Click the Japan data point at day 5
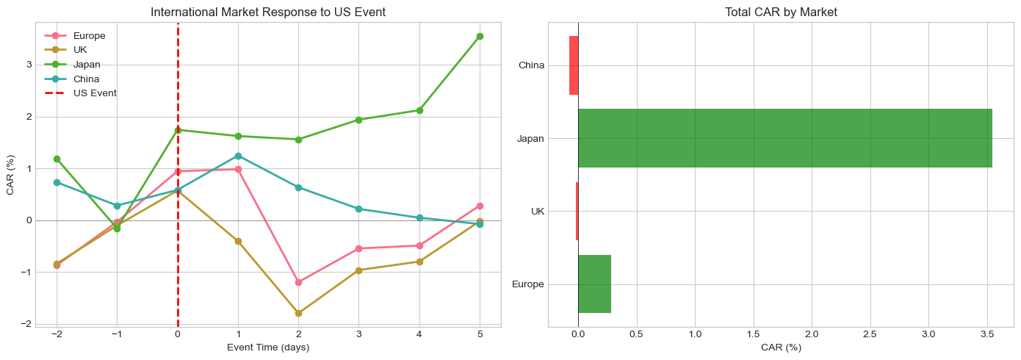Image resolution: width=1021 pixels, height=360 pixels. [480, 36]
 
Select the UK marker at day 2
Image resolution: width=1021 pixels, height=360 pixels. [298, 313]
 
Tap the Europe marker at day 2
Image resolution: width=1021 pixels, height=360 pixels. [298, 282]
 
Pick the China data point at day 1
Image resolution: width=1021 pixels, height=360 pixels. [238, 156]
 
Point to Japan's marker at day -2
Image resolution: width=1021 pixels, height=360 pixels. [57, 159]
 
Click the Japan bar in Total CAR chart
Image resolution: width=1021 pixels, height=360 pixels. [784, 138]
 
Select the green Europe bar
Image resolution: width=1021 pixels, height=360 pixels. [594, 284]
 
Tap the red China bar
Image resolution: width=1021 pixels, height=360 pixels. [574, 65]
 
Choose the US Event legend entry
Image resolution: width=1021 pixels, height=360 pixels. [95, 93]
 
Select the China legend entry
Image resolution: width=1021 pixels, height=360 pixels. [86, 79]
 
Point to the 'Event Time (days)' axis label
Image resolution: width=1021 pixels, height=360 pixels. [268, 348]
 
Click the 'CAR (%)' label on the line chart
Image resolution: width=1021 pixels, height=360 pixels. [10, 174]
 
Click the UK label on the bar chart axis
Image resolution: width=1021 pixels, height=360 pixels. [537, 212]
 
